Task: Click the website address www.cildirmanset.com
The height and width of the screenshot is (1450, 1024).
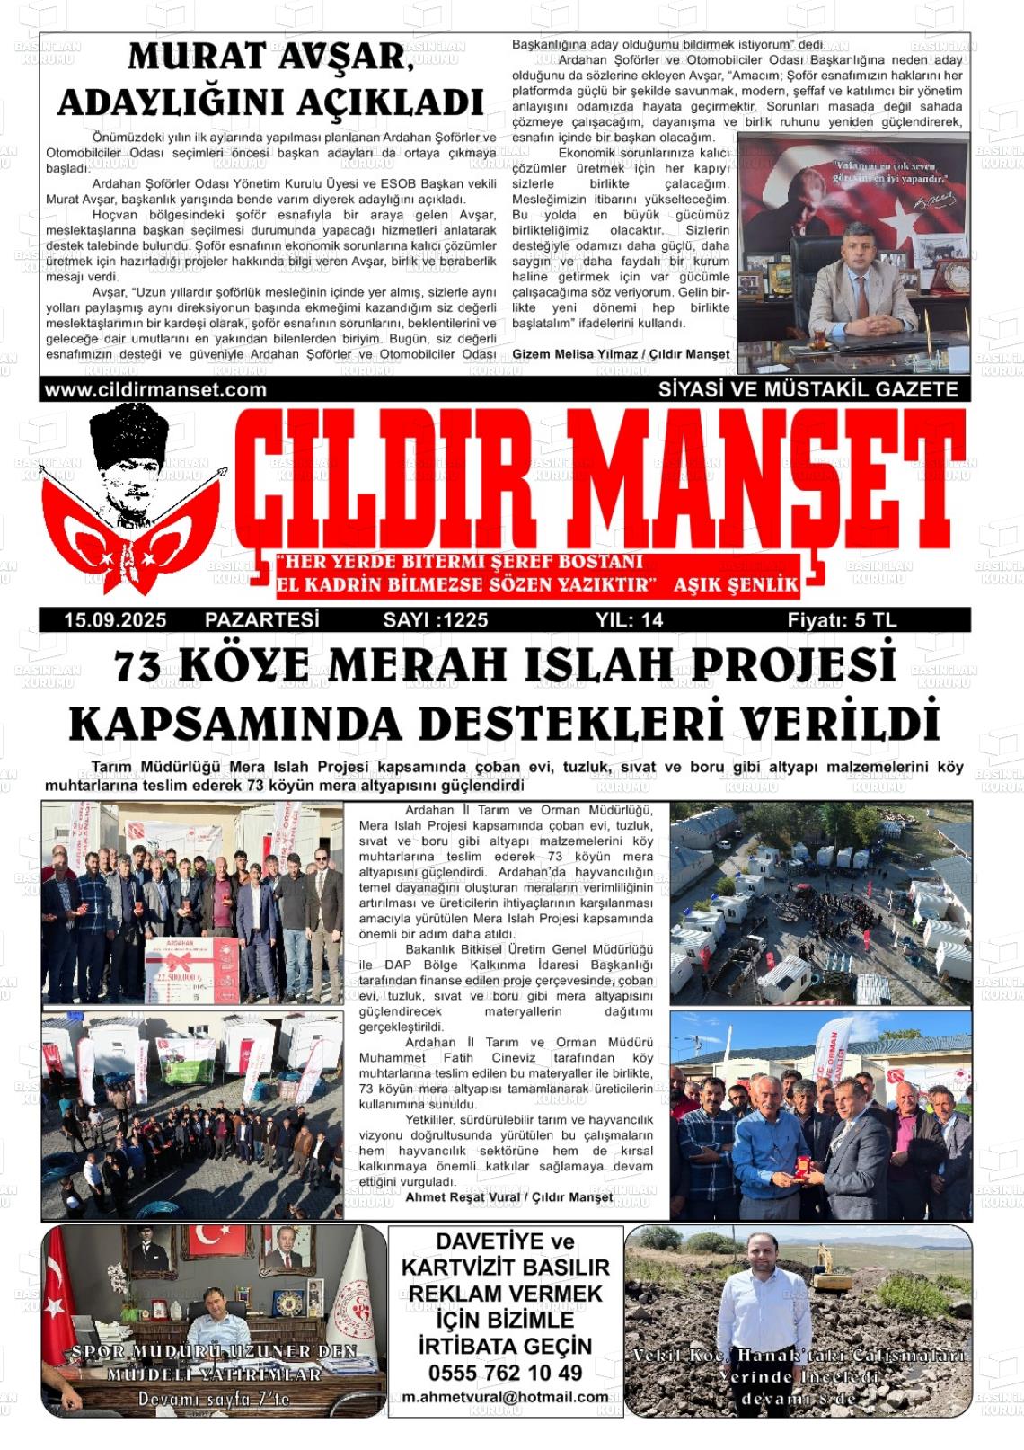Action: click(x=155, y=390)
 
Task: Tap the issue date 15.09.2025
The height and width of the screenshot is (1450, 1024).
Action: click(x=115, y=620)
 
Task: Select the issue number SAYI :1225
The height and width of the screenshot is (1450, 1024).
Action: click(x=436, y=620)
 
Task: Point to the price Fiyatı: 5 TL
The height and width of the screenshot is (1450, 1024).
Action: click(x=842, y=620)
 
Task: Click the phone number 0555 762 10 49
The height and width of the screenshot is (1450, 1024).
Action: click(x=505, y=1373)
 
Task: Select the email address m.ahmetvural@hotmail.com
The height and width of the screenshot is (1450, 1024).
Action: click(x=505, y=1397)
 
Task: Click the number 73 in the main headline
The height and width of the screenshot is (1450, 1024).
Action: click(x=137, y=667)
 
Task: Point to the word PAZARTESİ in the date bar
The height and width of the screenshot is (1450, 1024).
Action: click(x=262, y=620)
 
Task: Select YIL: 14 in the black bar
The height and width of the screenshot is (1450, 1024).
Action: click(x=629, y=620)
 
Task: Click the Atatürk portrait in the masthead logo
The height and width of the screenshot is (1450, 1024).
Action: click(x=125, y=467)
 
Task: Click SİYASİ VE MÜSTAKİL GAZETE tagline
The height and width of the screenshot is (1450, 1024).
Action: click(x=808, y=390)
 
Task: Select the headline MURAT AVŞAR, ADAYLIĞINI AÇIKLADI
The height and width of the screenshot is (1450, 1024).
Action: click(x=270, y=80)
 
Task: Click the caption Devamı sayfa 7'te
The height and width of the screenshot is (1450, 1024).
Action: click(x=214, y=1400)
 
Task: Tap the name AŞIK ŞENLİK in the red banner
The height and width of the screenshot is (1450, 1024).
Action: click(x=736, y=585)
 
